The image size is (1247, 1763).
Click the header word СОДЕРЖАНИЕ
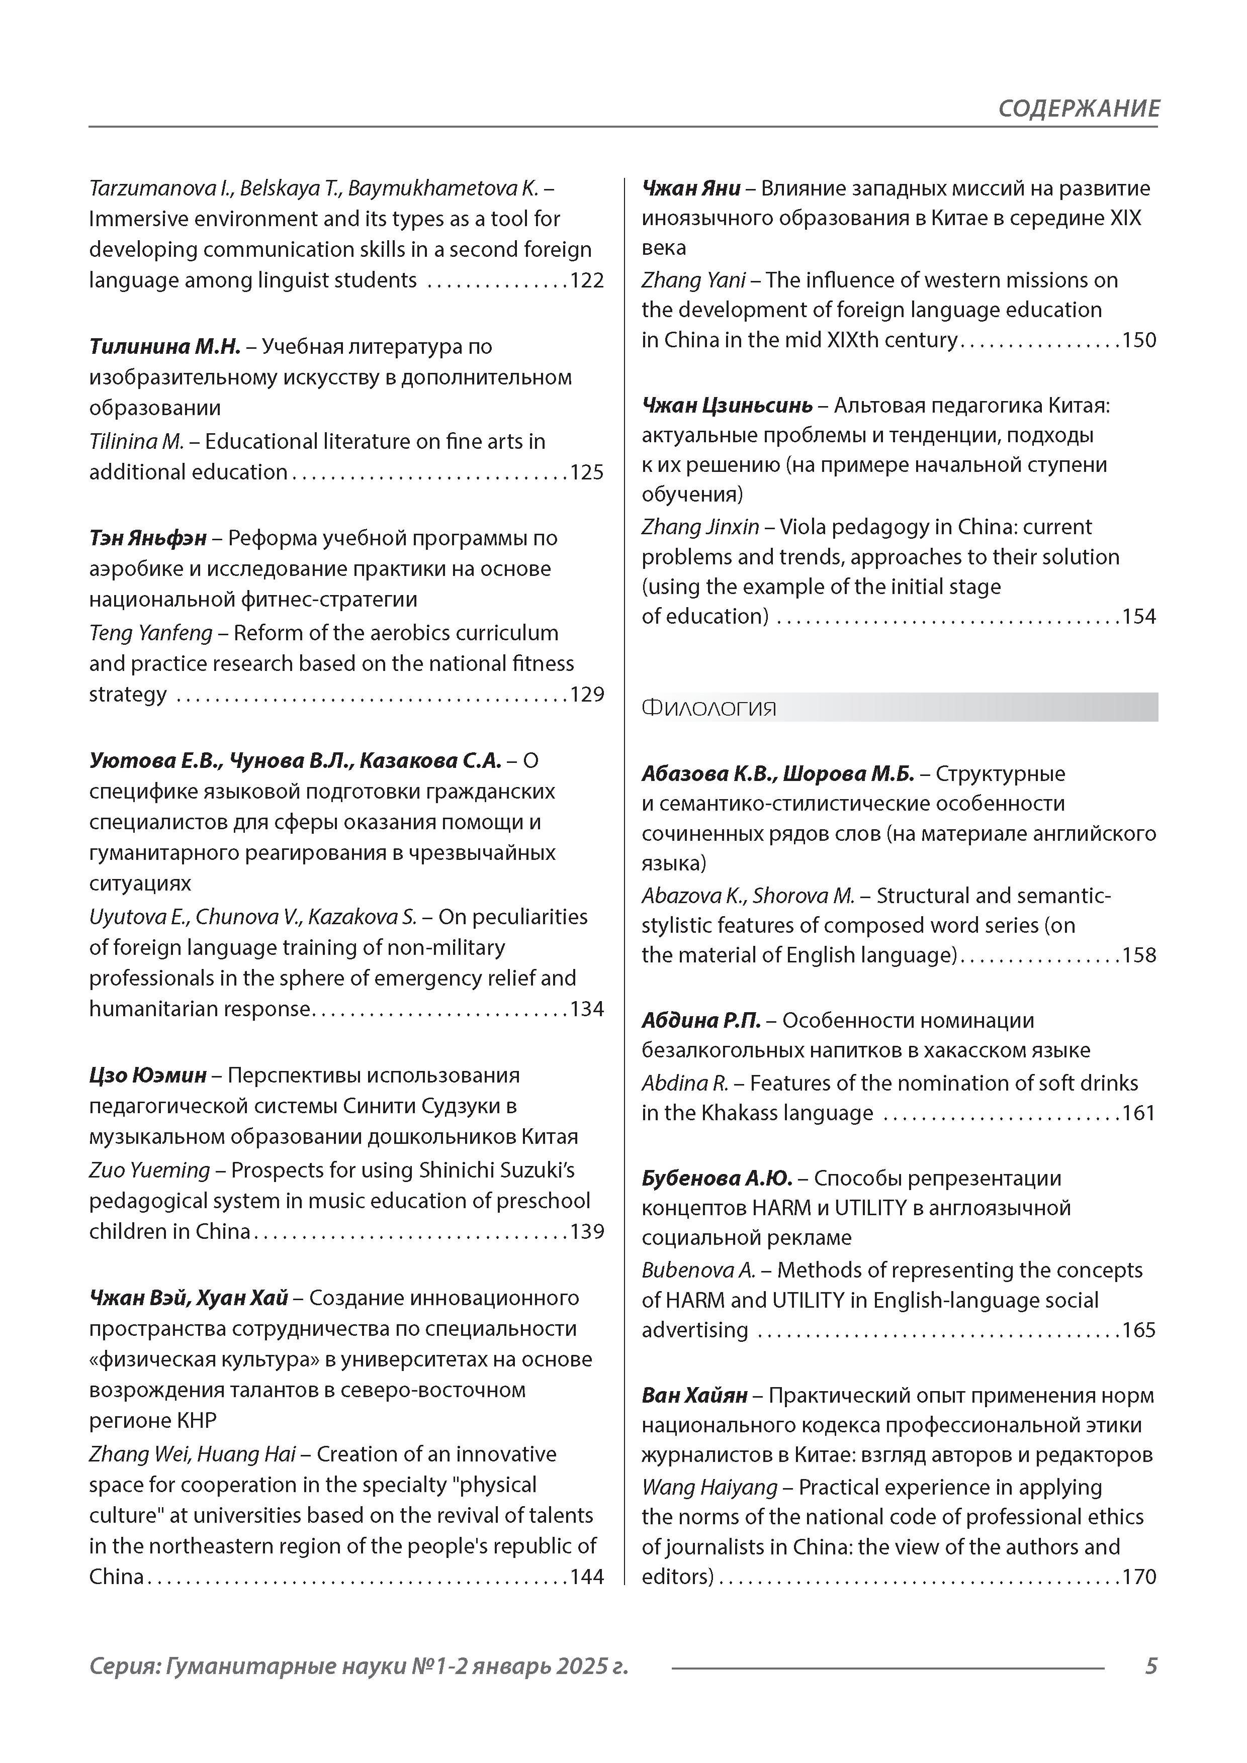[x=1078, y=108]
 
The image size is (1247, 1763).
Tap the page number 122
[x=587, y=280]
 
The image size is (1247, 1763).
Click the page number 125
[x=587, y=472]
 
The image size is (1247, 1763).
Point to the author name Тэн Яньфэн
[x=147, y=538]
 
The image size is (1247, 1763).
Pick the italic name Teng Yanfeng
[x=150, y=633]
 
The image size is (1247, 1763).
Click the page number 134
[x=587, y=1009]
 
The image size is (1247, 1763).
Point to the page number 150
[x=1139, y=340]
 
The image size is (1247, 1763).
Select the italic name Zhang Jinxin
[x=700, y=527]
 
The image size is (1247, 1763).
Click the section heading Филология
[x=708, y=708]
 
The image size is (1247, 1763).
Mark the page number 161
[x=1139, y=1113]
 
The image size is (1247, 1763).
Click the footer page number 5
[x=1150, y=1666]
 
